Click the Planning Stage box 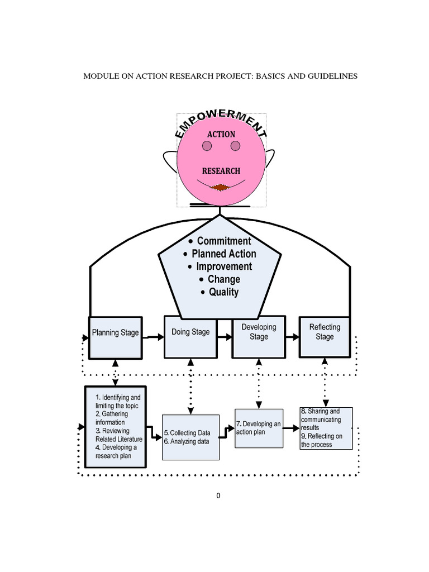pyautogui.click(x=115, y=337)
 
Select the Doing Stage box pyautogui.click(x=190, y=337)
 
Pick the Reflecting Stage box pyautogui.click(x=325, y=336)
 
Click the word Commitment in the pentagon pyautogui.click(x=224, y=241)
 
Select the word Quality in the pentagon pyautogui.click(x=223, y=292)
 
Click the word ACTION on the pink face pyautogui.click(x=221, y=134)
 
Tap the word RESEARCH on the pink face pyautogui.click(x=221, y=171)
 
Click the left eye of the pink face pyautogui.click(x=207, y=146)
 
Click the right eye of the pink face pyautogui.click(x=235, y=146)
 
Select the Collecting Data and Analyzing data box pyautogui.click(x=190, y=437)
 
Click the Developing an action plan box pyautogui.click(x=259, y=428)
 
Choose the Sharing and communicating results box pyautogui.click(x=326, y=428)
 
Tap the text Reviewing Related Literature pyautogui.click(x=118, y=435)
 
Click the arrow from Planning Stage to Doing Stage pyautogui.click(x=152, y=337)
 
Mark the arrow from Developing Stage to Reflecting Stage pyautogui.click(x=292, y=337)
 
